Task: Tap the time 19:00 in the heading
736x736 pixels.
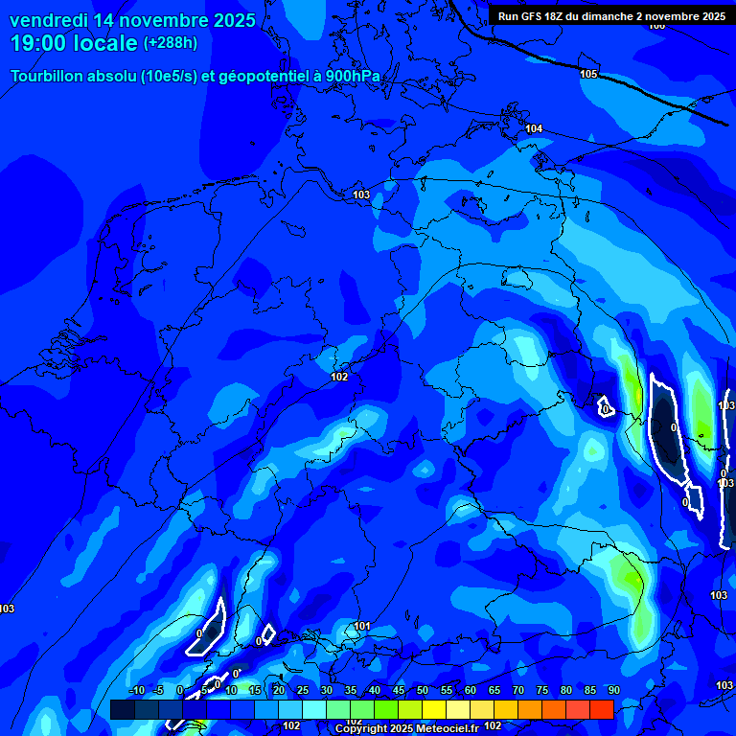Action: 37,43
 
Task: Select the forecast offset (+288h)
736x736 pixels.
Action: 171,43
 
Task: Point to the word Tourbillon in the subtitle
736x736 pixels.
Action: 49,77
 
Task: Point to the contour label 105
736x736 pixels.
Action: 588,74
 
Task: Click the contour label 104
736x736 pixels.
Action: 534,128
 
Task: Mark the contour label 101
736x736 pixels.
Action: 361,626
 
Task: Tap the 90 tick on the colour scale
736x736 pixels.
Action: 613,691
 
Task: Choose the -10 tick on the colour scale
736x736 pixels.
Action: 136,691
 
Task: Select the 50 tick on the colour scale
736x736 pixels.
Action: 423,691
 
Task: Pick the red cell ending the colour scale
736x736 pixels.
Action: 601,709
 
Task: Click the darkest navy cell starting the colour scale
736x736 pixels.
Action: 122,709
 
